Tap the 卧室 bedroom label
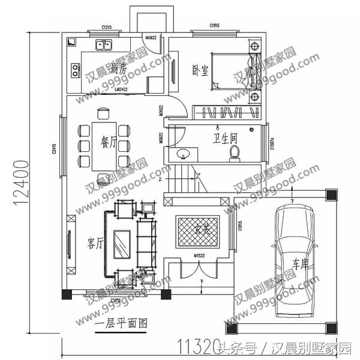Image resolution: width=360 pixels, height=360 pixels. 200,70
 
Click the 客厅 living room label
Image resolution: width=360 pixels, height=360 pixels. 96,242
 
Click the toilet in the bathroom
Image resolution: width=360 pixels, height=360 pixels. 236,153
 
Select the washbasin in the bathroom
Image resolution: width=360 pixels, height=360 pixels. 183,154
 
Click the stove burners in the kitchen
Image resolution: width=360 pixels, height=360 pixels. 76,70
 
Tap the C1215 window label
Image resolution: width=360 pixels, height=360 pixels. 108,28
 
